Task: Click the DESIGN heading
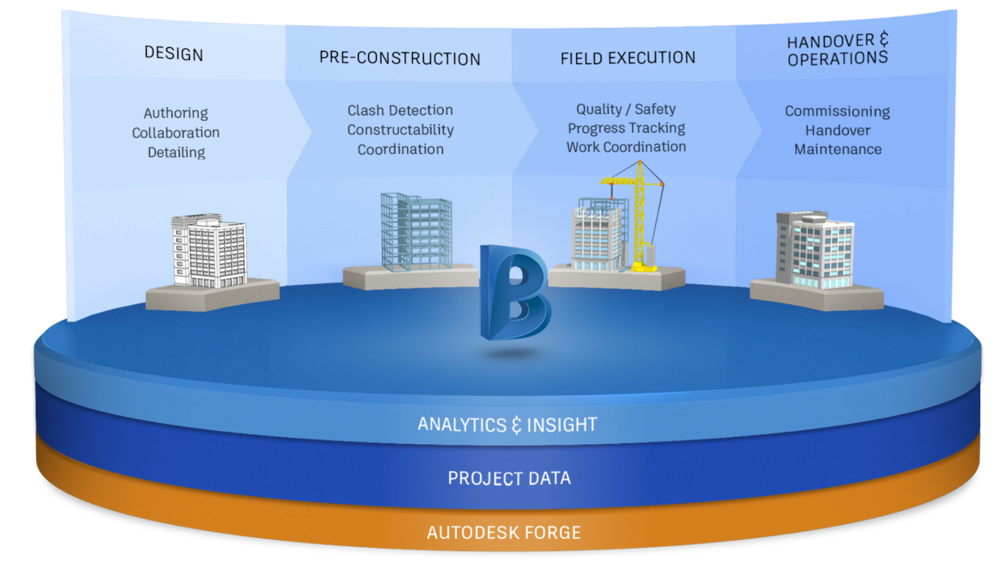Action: click(174, 53)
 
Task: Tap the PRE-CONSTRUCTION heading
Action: click(400, 58)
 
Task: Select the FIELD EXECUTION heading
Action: click(628, 58)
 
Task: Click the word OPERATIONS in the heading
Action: click(837, 58)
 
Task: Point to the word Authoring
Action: click(176, 113)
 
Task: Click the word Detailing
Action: click(176, 153)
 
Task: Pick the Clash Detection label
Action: click(400, 110)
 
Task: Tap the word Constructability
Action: click(400, 130)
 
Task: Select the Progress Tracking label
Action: click(626, 129)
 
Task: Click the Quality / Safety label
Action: click(626, 109)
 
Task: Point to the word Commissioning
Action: click(837, 112)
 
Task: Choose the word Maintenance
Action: click(837, 149)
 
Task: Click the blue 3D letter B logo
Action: click(514, 292)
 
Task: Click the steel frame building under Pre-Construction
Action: click(417, 232)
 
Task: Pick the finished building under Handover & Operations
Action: click(815, 250)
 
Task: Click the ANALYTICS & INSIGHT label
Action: click(507, 425)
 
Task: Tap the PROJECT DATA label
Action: click(509, 478)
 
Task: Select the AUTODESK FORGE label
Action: click(504, 533)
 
